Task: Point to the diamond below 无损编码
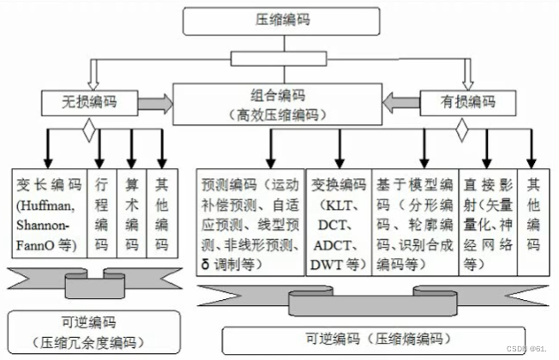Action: coord(87,131)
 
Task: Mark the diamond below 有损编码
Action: coord(461,130)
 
